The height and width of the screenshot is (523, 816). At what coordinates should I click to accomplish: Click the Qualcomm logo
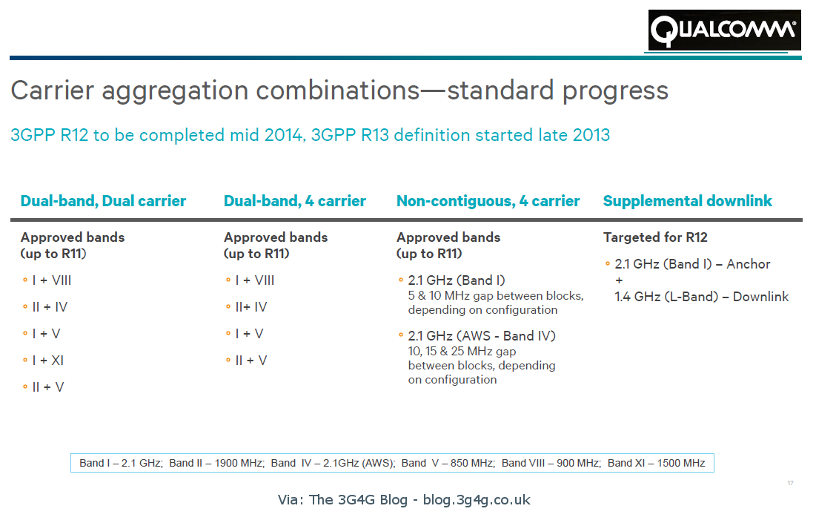click(724, 30)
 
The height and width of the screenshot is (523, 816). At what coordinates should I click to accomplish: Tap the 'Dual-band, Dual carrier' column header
click(103, 201)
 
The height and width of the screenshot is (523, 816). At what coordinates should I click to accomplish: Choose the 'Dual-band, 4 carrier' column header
click(294, 201)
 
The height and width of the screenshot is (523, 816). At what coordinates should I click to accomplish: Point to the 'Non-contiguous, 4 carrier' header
click(488, 201)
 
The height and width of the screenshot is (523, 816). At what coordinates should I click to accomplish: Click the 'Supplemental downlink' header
click(687, 201)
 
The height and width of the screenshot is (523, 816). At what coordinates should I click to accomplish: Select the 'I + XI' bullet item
click(48, 361)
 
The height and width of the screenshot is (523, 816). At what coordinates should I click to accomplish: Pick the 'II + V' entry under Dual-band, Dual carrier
click(48, 387)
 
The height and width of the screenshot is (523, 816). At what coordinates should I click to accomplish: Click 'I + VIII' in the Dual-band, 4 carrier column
click(254, 280)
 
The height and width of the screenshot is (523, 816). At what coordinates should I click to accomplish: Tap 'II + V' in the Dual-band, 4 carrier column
click(251, 361)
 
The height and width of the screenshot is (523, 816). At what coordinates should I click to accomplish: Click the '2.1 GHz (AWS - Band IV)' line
click(481, 336)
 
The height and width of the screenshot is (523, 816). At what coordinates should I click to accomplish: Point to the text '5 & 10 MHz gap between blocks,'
click(495, 296)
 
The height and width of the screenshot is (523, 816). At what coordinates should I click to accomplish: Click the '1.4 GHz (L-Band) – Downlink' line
click(701, 297)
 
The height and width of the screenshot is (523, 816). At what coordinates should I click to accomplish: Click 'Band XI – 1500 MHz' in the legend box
click(656, 463)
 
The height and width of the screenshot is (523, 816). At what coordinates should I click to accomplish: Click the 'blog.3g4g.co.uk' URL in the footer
click(477, 499)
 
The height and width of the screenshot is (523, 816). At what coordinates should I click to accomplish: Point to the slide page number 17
click(790, 484)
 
